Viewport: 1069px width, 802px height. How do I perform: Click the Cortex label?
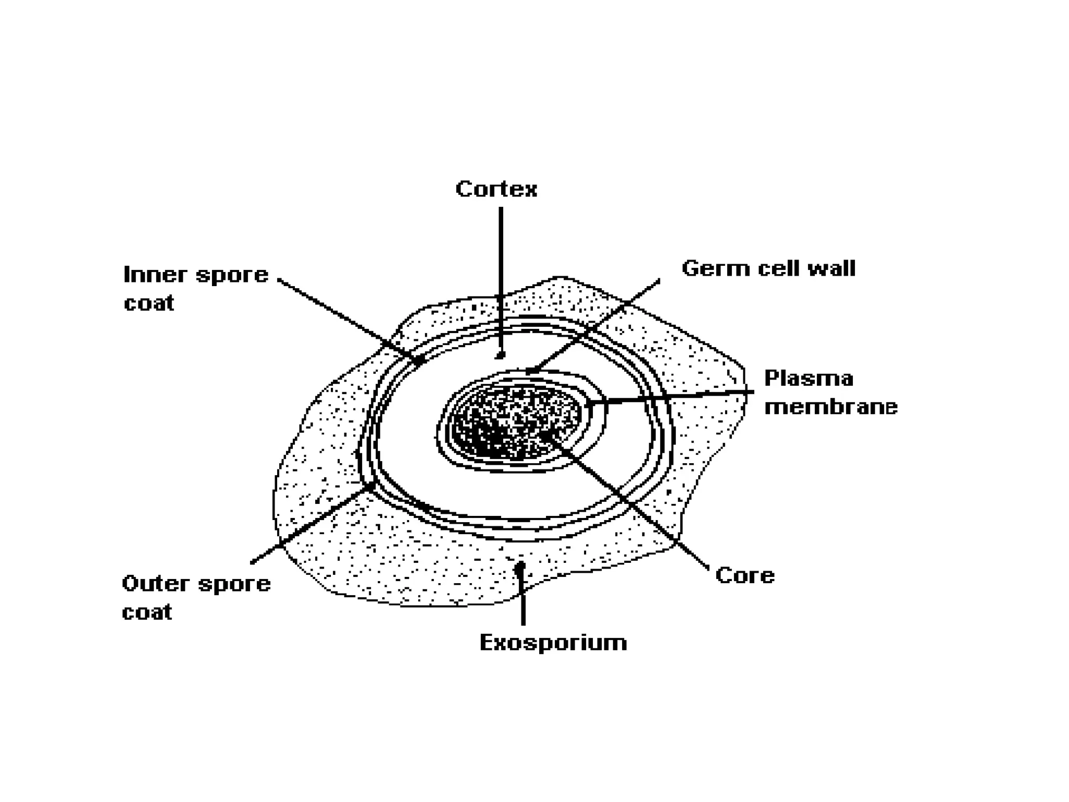(496, 189)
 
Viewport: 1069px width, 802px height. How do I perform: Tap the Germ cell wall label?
(768, 269)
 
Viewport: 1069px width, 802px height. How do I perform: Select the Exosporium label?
(553, 642)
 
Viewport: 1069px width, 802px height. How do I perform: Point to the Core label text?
(745, 575)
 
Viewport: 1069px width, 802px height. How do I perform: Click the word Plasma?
(809, 379)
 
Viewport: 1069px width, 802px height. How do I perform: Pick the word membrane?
(830, 407)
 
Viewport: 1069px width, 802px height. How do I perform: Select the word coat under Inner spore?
(149, 303)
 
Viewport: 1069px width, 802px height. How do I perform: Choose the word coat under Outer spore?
(147, 612)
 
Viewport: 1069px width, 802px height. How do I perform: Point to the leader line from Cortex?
(501, 272)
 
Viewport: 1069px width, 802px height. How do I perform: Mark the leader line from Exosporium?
(522, 600)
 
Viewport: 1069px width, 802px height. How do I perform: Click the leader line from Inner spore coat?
(345, 319)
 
